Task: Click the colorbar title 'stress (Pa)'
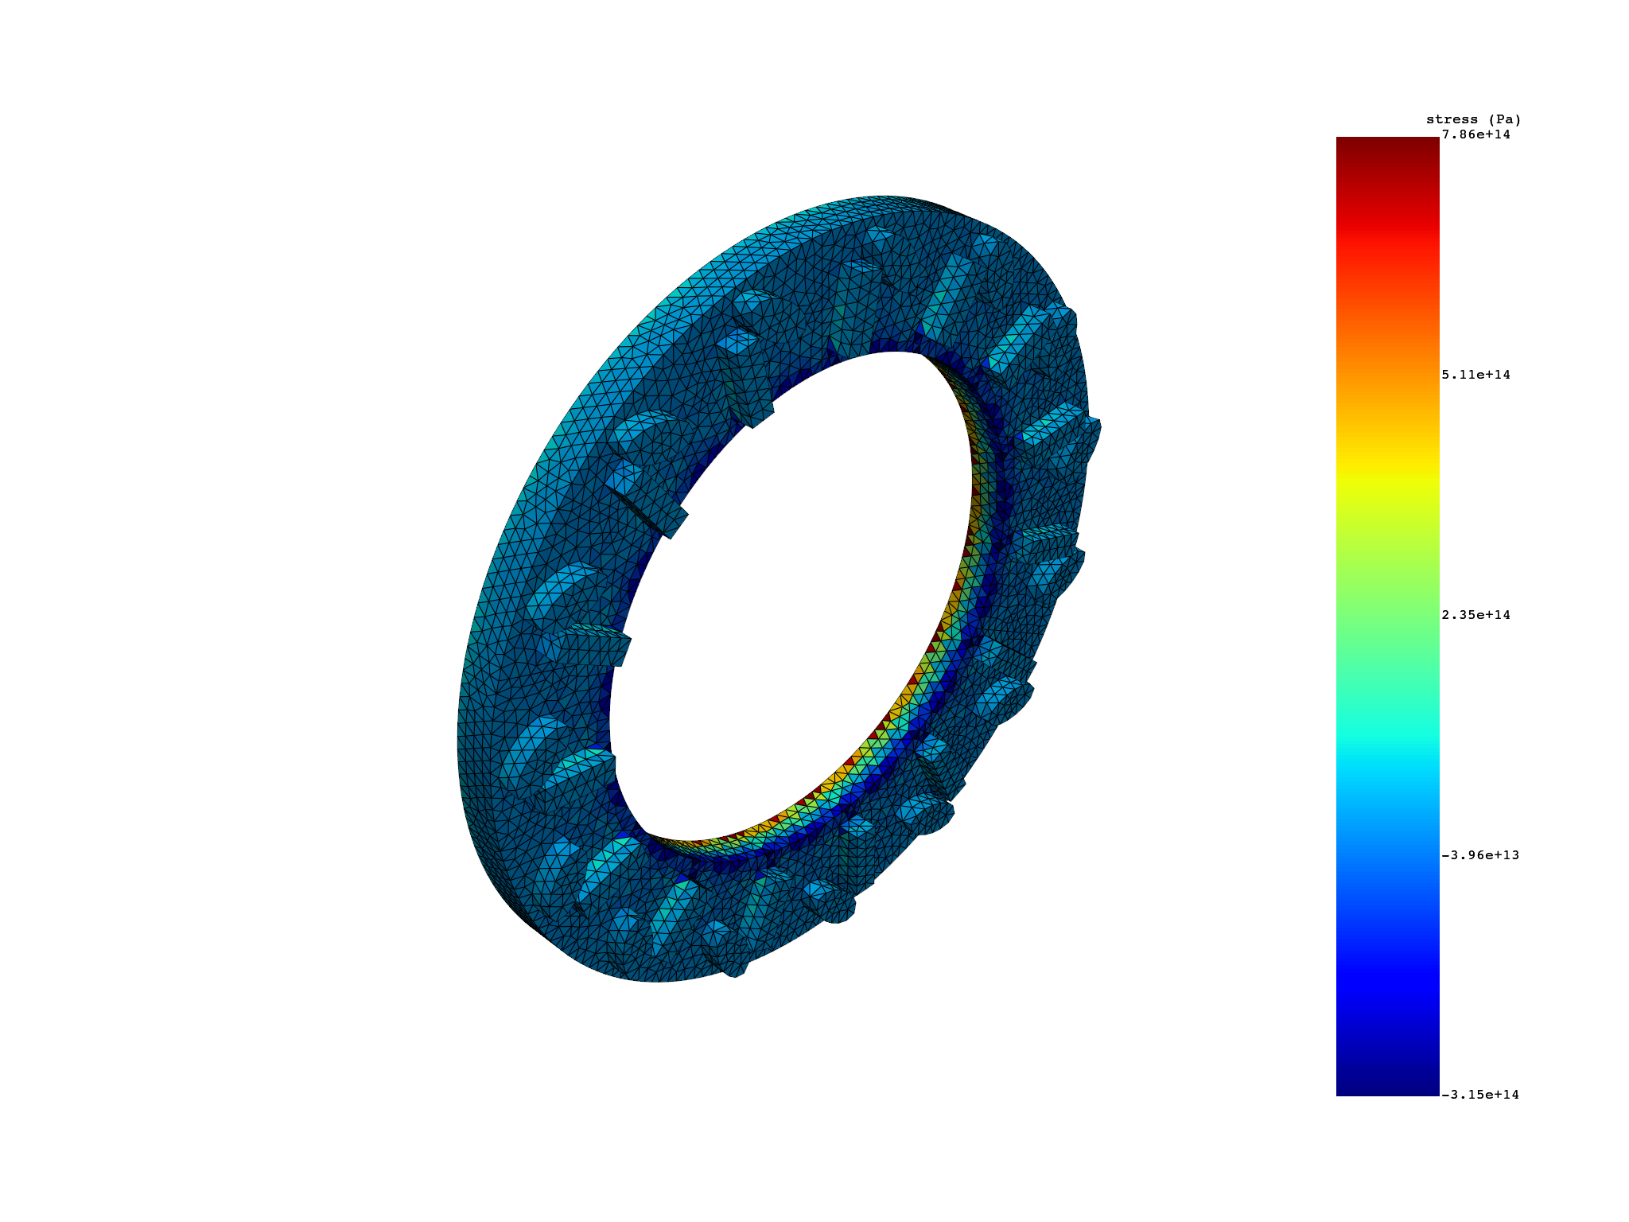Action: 1473,120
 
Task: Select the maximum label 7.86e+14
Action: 1475,135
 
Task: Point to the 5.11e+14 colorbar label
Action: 1475,375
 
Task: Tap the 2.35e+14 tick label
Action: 1475,615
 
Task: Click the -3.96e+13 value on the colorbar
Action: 1479,855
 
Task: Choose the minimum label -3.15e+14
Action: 1479,1095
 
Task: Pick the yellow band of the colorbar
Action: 1387,477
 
